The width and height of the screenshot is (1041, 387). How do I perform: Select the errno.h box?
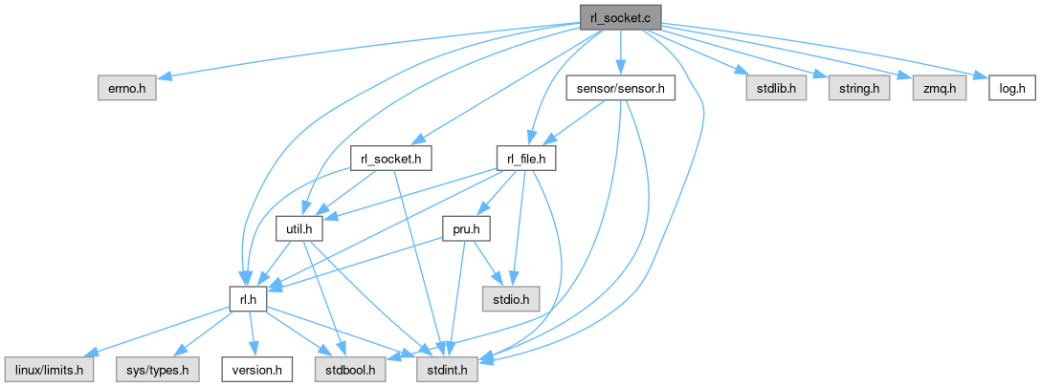pos(126,89)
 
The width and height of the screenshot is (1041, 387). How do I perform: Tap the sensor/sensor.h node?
pos(621,89)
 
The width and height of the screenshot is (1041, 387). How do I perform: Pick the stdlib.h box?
pos(777,89)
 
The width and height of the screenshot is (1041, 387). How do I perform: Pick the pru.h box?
pos(466,229)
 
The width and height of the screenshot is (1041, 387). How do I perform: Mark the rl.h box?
pos(246,299)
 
